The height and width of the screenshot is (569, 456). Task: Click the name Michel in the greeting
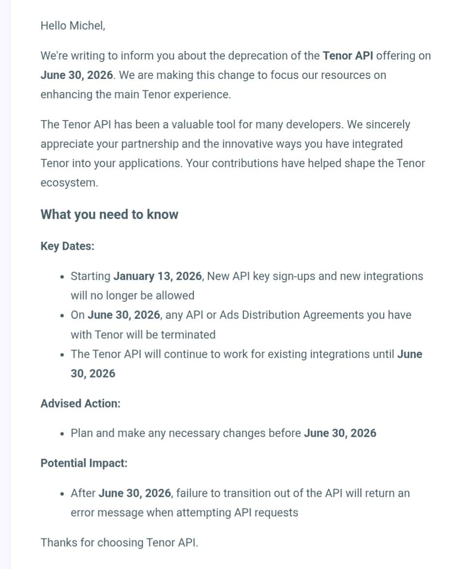[87, 26]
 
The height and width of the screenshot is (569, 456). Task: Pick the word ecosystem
[68, 183]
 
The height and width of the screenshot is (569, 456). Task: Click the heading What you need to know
[109, 214]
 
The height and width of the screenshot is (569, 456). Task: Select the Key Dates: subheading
[67, 246]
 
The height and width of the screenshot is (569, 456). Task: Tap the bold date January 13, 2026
[157, 276]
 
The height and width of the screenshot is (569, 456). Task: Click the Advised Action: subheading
[81, 403]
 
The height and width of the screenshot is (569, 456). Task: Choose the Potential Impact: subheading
[84, 463]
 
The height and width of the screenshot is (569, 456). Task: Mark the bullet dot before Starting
[62, 277]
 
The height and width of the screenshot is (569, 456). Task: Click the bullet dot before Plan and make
[62, 434]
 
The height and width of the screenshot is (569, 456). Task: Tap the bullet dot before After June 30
[62, 494]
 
